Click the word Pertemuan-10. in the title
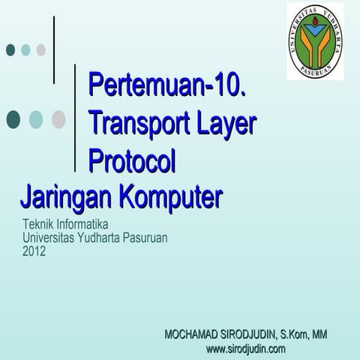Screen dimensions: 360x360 (x=168, y=84)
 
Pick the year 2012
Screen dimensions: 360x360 (x=34, y=251)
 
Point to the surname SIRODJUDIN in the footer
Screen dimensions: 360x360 (x=252, y=333)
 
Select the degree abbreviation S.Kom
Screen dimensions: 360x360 (x=294, y=333)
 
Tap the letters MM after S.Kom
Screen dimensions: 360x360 (x=319, y=333)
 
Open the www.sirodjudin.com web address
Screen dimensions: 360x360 (x=245, y=349)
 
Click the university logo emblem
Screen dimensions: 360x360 (x=315, y=42)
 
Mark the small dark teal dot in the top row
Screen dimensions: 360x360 (x=10, y=49)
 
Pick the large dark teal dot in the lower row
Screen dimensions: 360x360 (x=13, y=119)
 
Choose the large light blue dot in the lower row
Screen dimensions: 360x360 (x=36, y=119)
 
